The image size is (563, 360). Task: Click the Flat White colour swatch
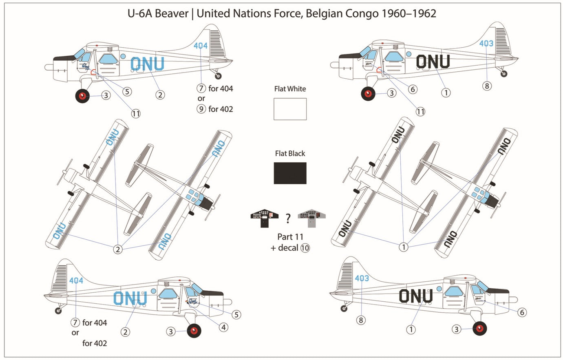click(x=290, y=109)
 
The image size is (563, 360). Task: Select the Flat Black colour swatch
click(x=290, y=173)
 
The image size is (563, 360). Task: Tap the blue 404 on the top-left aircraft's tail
click(x=201, y=46)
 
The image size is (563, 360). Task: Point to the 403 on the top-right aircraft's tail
click(x=486, y=44)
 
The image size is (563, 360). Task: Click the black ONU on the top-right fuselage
click(x=433, y=62)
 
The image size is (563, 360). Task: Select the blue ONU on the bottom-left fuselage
click(x=130, y=298)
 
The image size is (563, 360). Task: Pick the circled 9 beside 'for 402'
click(x=201, y=109)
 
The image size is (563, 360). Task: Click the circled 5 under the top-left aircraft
click(x=127, y=91)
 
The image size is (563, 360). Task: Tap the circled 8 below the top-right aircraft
click(x=487, y=86)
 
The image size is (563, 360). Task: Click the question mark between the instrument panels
click(x=288, y=219)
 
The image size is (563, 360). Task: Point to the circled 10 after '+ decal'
click(x=305, y=248)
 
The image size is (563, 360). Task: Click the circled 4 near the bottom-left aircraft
click(x=223, y=327)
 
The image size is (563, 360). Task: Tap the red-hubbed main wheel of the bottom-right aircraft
click(x=480, y=329)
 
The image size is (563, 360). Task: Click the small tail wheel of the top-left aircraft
click(x=219, y=75)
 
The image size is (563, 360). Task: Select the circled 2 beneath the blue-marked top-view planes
click(x=118, y=249)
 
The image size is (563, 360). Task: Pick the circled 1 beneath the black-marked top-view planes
click(x=403, y=247)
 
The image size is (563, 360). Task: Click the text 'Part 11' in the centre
click(x=290, y=236)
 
